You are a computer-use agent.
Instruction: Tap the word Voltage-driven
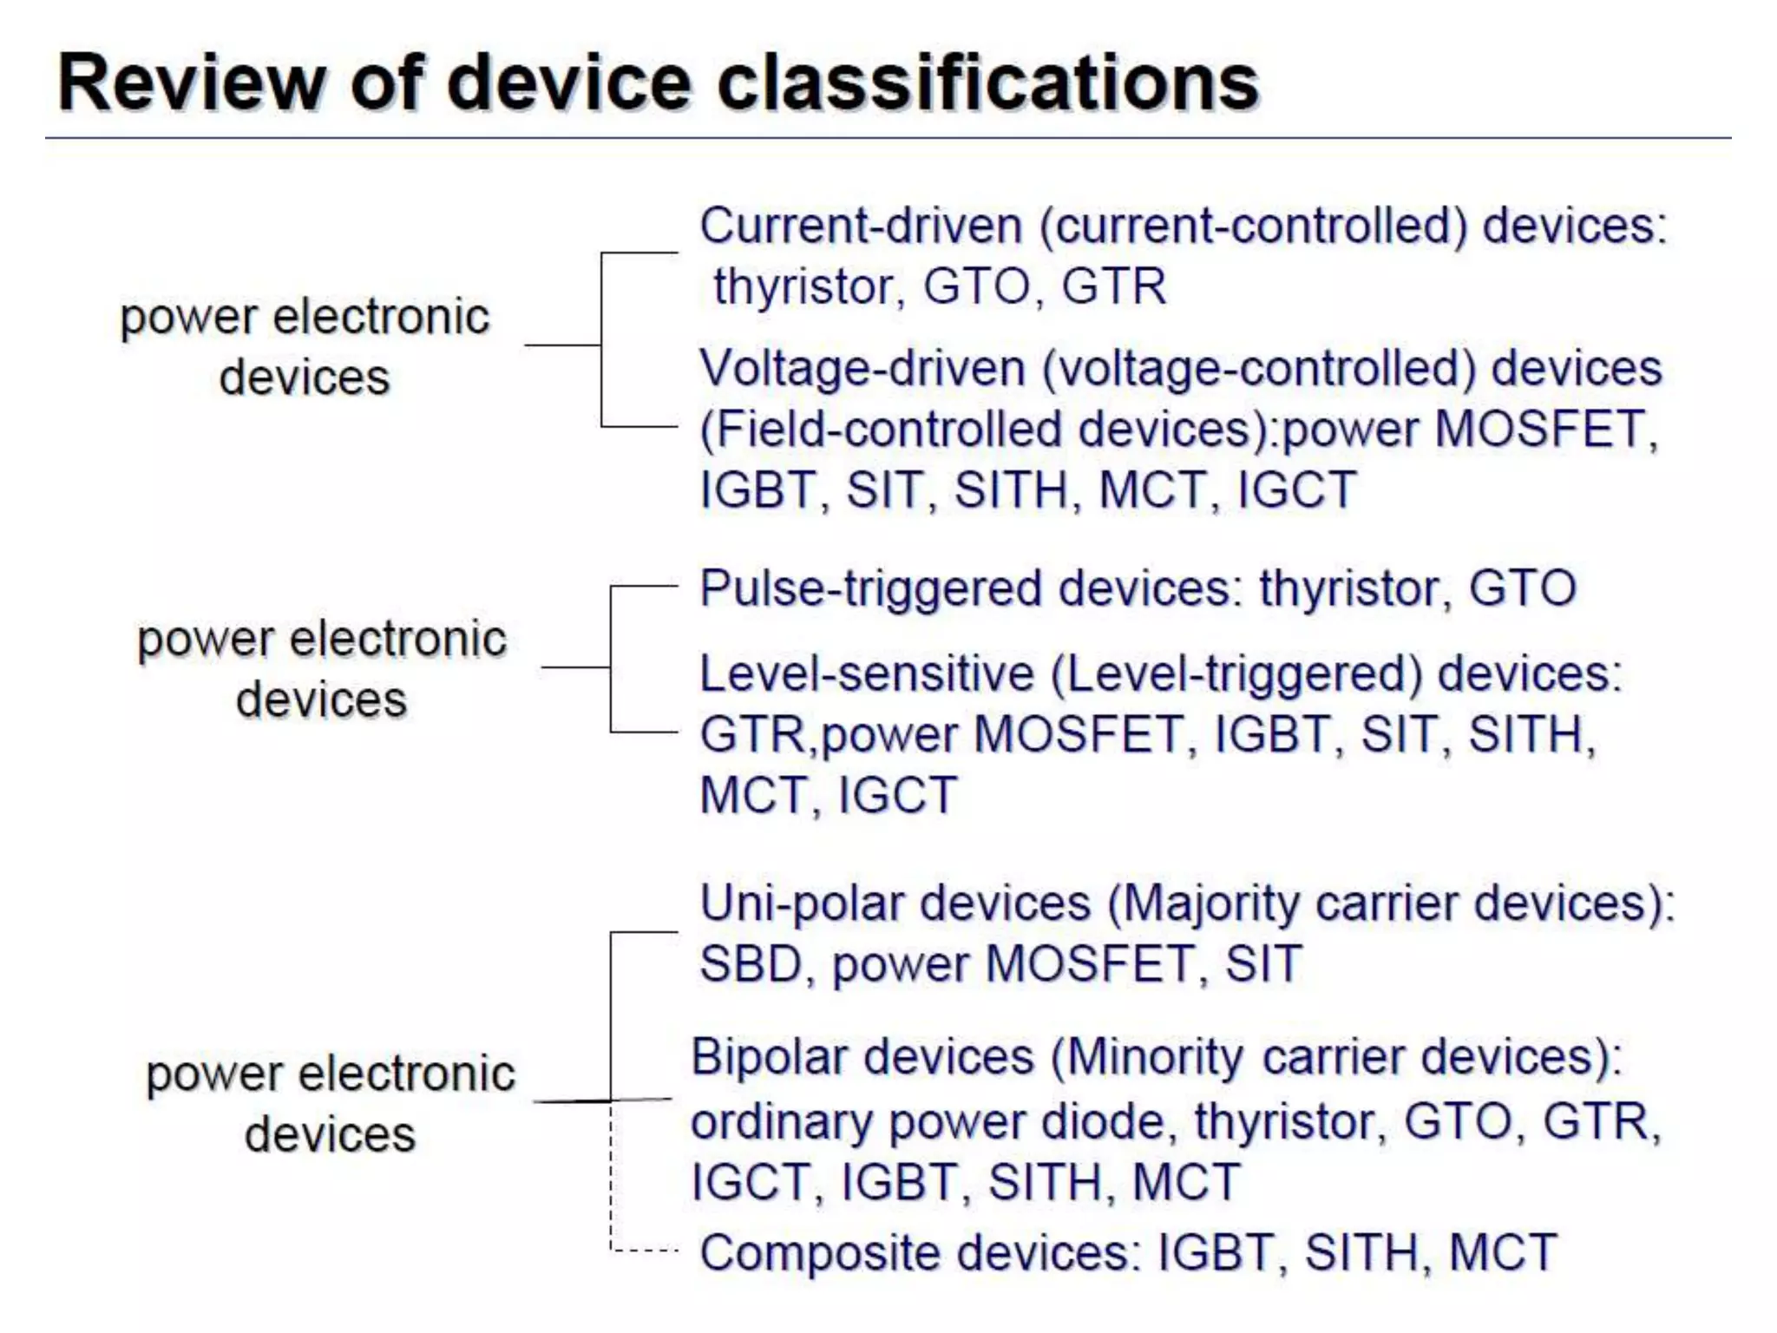(x=862, y=368)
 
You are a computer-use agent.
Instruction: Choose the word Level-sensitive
(x=866, y=673)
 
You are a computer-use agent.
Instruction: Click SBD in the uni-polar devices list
(x=750, y=963)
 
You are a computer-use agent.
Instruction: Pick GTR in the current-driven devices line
(x=1113, y=286)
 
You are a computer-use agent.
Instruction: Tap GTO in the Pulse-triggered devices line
(x=1522, y=588)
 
